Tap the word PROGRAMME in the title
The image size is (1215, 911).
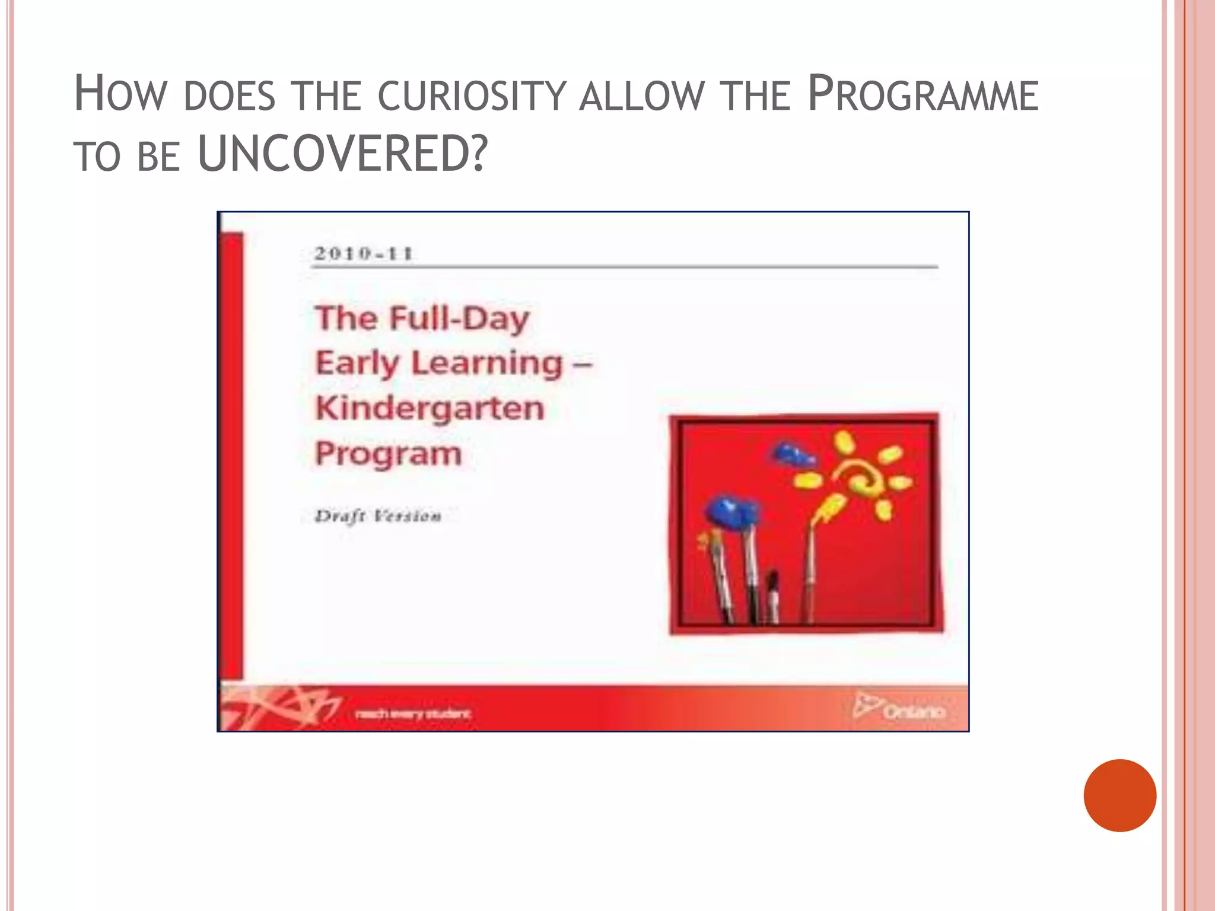click(x=923, y=95)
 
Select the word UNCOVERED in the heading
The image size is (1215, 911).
click(x=342, y=154)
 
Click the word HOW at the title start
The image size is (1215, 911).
click(x=120, y=95)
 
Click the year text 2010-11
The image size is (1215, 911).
click(x=363, y=254)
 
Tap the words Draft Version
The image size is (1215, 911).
click(x=378, y=516)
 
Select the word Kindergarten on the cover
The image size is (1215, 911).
click(x=430, y=408)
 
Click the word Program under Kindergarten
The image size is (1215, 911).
click(x=388, y=454)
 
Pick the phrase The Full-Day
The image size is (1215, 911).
click(x=422, y=318)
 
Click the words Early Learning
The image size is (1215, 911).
click(x=439, y=363)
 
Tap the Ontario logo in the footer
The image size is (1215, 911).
click(x=899, y=708)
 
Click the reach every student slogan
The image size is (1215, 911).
click(x=412, y=713)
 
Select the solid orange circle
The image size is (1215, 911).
click(x=1119, y=795)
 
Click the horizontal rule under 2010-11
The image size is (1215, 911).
click(x=624, y=267)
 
